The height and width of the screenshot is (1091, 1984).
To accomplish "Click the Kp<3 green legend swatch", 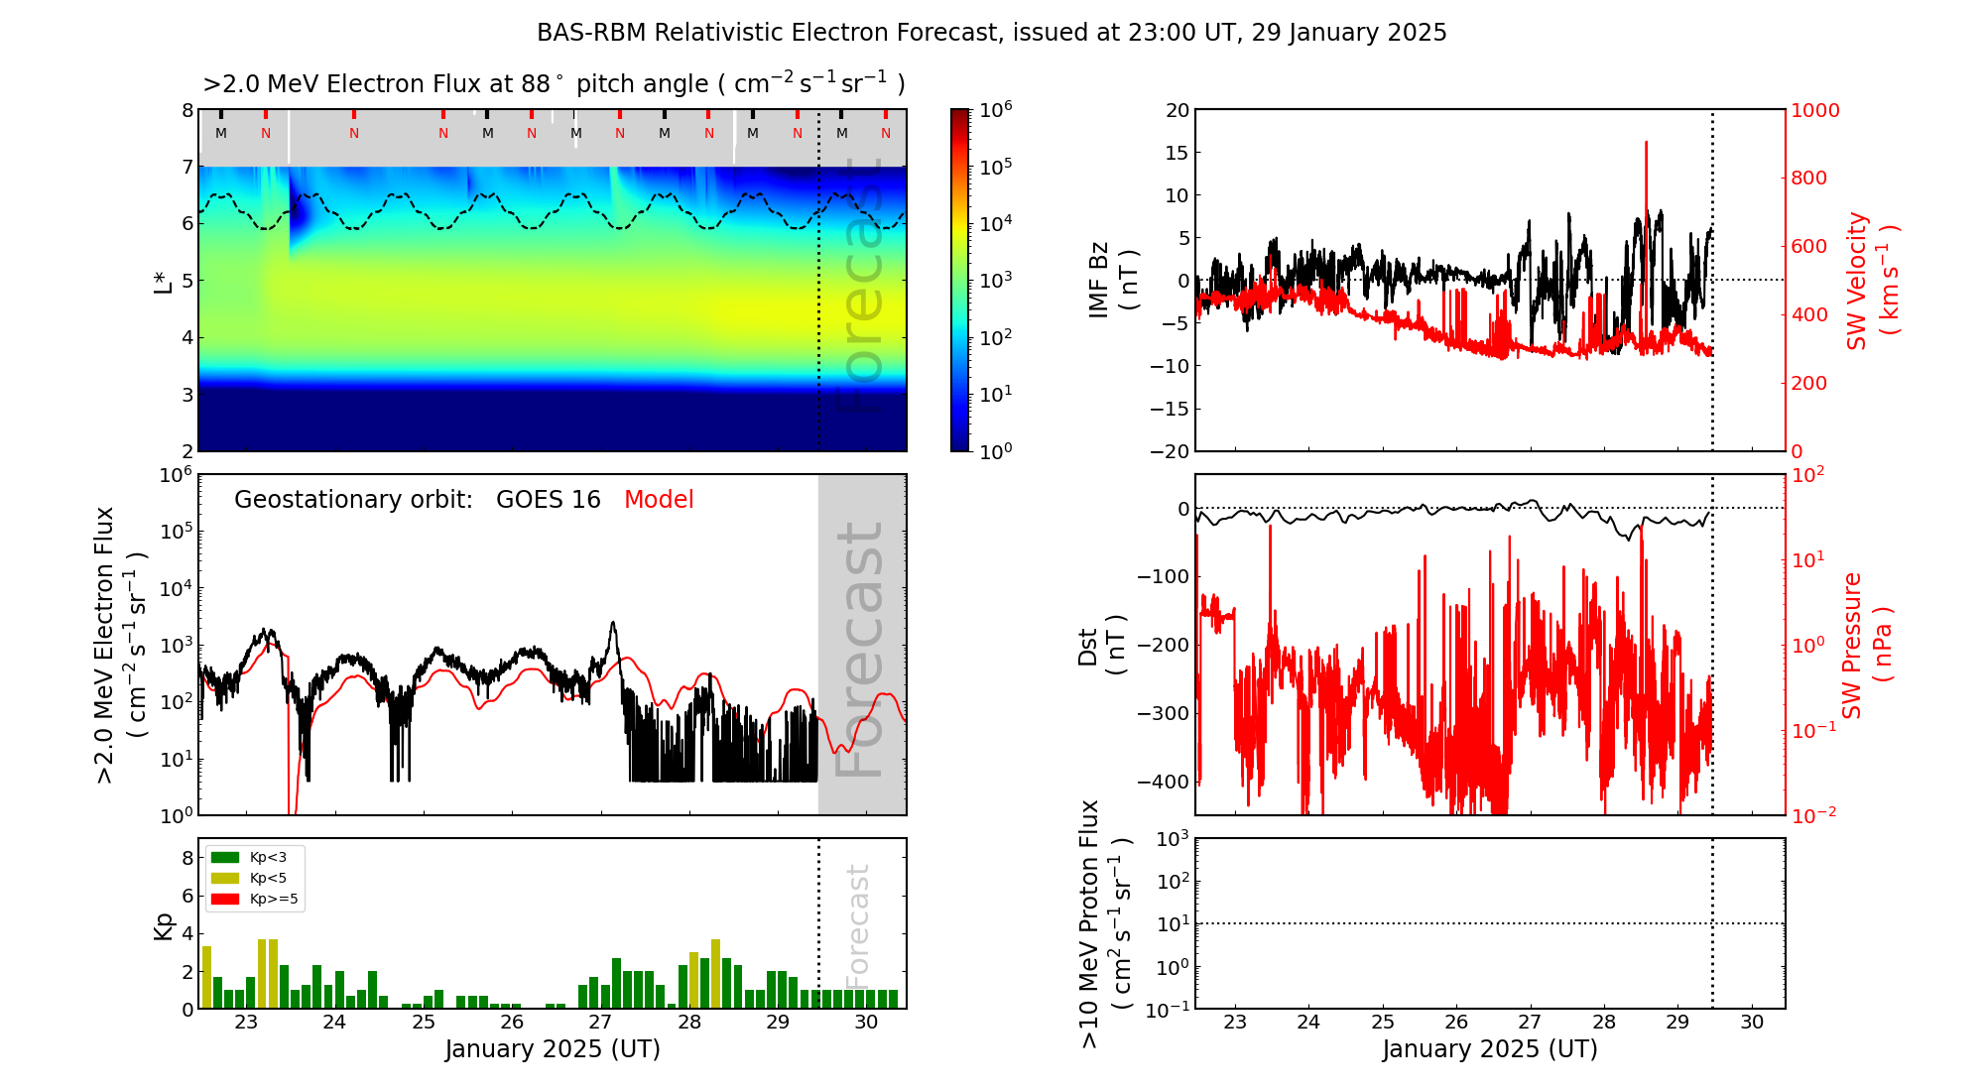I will tap(225, 857).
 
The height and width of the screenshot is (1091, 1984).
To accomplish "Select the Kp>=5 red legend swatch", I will tap(225, 900).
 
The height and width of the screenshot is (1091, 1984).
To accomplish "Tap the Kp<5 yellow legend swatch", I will tap(225, 878).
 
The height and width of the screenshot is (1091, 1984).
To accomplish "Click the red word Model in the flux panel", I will tap(659, 500).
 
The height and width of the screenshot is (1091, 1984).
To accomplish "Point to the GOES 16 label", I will tap(548, 500).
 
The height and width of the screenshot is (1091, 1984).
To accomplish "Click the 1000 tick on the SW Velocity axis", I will tap(1814, 110).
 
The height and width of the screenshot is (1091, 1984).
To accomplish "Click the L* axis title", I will tap(163, 281).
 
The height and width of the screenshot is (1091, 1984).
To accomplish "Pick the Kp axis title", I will tap(163, 925).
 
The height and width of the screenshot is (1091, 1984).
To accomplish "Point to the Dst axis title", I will tap(1101, 646).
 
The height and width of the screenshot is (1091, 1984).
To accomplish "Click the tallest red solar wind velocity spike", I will tap(1646, 145).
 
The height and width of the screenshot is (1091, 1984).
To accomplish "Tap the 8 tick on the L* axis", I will tap(187, 110).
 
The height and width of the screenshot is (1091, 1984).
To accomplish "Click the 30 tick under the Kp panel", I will tap(866, 1023).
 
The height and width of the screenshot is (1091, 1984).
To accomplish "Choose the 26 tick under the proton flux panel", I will tap(1456, 1023).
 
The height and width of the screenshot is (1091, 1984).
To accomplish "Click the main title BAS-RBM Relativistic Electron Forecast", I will tap(991, 33).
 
